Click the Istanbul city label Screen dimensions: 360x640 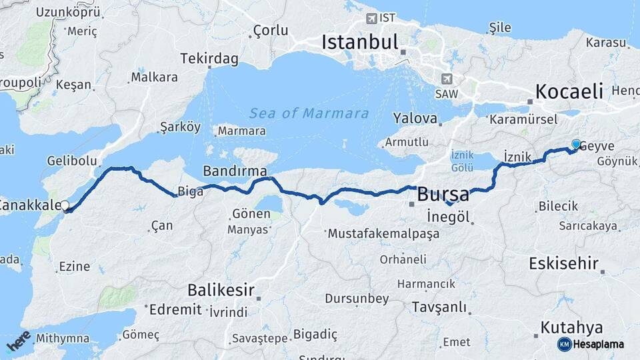tap(359, 42)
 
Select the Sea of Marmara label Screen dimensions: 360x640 tap(309, 113)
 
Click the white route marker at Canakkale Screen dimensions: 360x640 tap(65, 206)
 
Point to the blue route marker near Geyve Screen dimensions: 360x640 tap(576, 143)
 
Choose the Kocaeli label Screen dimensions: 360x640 tap(569, 91)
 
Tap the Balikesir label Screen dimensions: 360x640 tap(221, 290)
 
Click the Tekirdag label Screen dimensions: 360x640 tap(209, 59)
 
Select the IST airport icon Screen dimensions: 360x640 tap(371, 18)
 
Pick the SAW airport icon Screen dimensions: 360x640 tap(446, 78)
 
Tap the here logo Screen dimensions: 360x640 tap(18, 341)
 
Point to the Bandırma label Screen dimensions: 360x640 tap(235, 171)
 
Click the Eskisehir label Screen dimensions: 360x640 tap(563, 263)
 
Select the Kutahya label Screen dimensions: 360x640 tap(571, 327)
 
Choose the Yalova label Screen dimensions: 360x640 tap(415, 119)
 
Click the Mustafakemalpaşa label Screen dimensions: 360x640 tap(383, 234)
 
